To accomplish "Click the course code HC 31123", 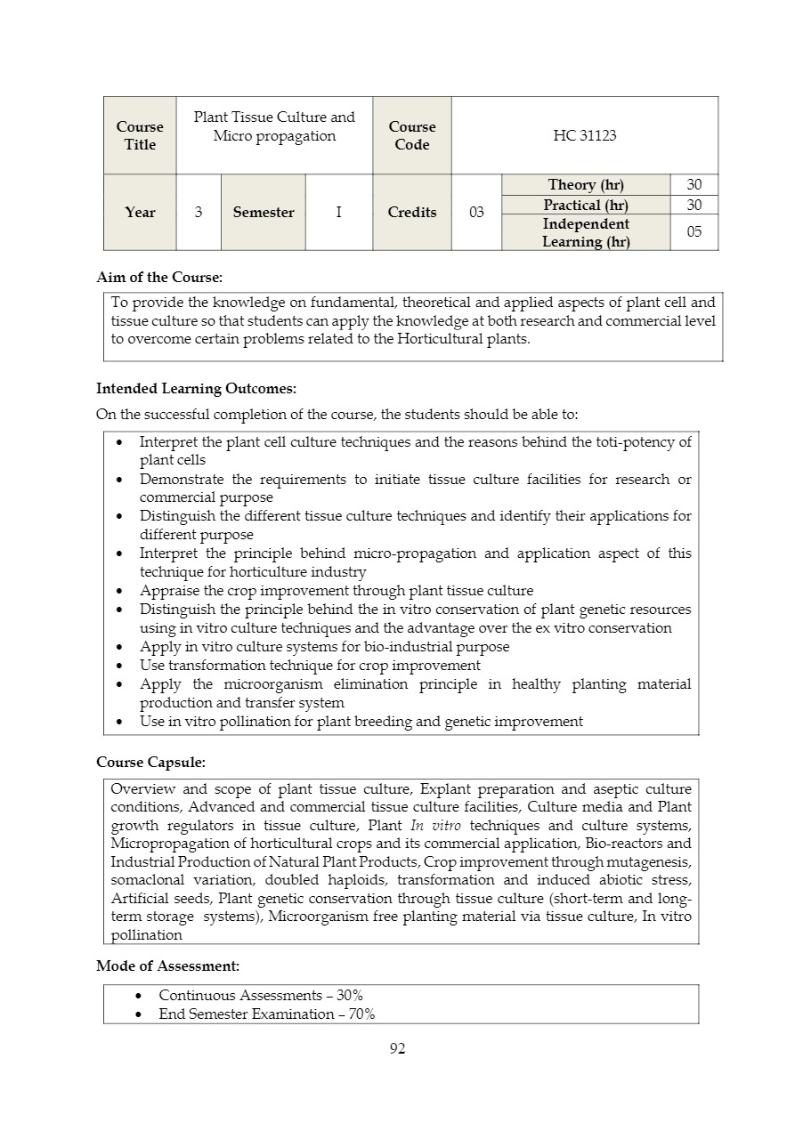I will click(584, 135).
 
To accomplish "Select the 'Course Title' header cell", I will click(140, 135).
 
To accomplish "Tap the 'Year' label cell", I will click(140, 212).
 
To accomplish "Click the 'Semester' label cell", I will click(264, 212).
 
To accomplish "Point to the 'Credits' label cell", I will click(412, 212).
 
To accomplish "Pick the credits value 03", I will click(476, 212).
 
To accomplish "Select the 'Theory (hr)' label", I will click(586, 184).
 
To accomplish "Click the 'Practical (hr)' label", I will click(586, 205).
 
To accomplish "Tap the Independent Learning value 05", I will click(694, 232).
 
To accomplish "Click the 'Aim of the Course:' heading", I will click(159, 278).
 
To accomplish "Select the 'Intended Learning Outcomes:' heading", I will click(196, 388).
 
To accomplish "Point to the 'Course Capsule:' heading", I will click(150, 763).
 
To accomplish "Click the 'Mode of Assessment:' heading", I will click(167, 965).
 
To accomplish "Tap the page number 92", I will click(397, 1048).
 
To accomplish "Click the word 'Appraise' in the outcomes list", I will click(168, 591).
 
